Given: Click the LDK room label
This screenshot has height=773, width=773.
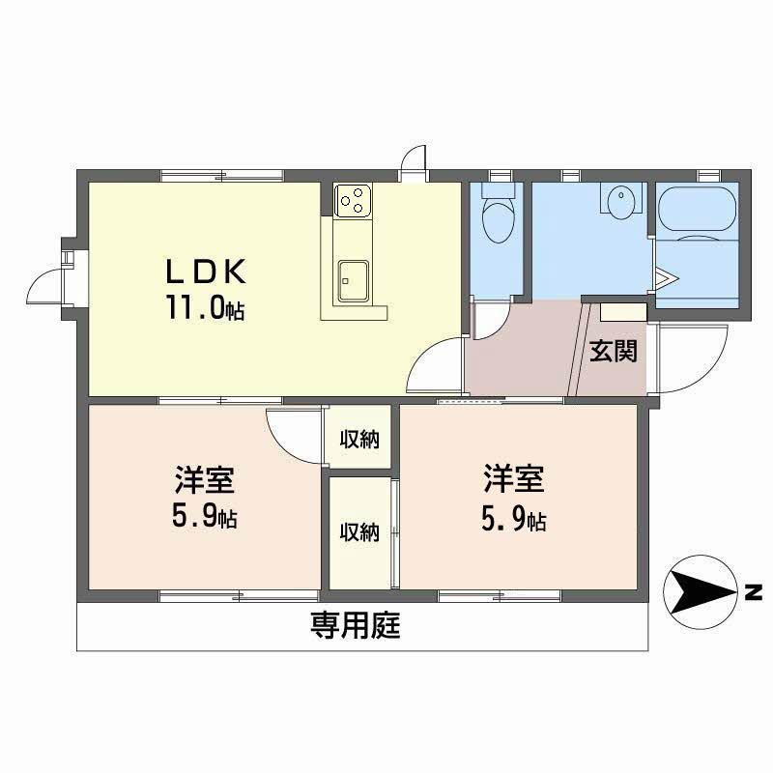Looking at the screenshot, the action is (x=206, y=272).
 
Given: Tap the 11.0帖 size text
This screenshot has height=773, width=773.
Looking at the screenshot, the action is (x=206, y=307).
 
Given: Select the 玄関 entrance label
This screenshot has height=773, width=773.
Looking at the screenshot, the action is (x=614, y=352).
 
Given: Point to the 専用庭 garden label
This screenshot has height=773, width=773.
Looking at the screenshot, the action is (x=355, y=625).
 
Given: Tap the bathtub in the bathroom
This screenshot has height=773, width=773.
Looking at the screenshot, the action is (x=697, y=210).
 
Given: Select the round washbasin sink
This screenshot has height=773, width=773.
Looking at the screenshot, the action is (x=621, y=200).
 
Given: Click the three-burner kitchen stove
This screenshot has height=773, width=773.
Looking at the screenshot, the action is (x=353, y=200).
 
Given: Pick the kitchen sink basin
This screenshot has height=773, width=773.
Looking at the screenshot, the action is (x=354, y=281).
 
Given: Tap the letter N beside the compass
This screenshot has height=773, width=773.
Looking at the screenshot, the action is (x=754, y=592).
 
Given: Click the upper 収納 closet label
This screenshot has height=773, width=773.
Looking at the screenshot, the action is (x=359, y=439).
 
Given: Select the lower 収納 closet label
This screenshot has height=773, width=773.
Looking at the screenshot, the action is (x=359, y=532).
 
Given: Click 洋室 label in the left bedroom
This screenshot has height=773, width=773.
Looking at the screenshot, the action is (x=205, y=478).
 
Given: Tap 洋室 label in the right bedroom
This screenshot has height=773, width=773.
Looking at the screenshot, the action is (x=514, y=478).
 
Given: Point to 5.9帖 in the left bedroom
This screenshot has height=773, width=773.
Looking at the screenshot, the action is (x=205, y=517).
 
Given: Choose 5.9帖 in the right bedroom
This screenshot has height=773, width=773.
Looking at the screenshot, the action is (x=514, y=519).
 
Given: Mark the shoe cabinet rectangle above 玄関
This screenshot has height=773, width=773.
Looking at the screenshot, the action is (x=623, y=312).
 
